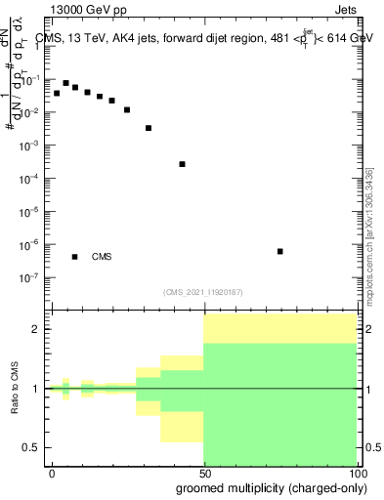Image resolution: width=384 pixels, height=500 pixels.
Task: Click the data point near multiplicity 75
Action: point(280,251)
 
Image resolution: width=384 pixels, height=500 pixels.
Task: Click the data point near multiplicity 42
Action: point(183,164)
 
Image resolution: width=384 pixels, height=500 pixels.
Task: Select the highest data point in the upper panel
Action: point(65,83)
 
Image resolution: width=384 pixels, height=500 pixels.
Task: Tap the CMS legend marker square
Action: point(74,257)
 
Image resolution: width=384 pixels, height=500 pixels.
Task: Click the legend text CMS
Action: point(102,257)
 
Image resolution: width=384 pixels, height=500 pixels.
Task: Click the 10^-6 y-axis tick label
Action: point(31,244)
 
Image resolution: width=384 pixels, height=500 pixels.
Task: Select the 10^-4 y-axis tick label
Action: point(31,179)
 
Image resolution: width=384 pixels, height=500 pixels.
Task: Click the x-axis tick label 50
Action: point(203,473)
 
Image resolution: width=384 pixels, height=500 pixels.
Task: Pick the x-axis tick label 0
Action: point(52,473)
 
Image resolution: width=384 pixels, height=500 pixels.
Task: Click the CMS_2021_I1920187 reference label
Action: point(202,292)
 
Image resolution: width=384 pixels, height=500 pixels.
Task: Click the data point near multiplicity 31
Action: point(149,128)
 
